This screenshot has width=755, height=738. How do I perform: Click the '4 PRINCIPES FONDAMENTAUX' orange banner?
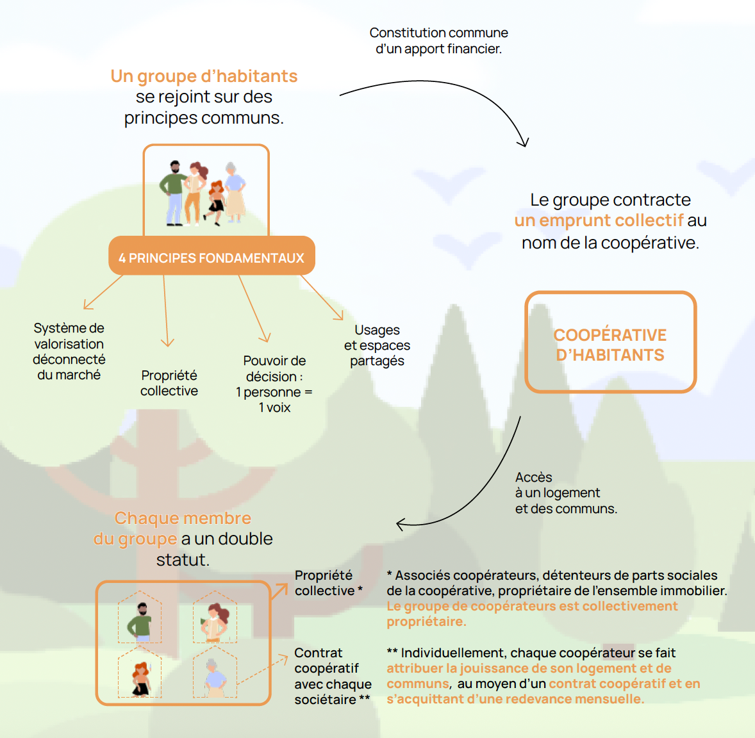pyautogui.click(x=212, y=258)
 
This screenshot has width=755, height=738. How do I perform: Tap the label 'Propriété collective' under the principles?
pyautogui.click(x=169, y=383)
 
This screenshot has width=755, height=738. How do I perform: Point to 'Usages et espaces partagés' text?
pyautogui.click(x=377, y=345)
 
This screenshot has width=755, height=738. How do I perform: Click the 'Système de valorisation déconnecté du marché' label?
pyautogui.click(x=69, y=351)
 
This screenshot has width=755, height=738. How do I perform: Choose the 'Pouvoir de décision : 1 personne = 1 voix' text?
pyautogui.click(x=274, y=384)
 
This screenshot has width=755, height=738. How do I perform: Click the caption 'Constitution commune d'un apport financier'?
pyautogui.click(x=438, y=40)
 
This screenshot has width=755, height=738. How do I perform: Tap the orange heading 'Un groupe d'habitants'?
pyautogui.click(x=204, y=76)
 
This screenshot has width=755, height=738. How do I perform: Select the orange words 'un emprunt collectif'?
pyautogui.click(x=599, y=220)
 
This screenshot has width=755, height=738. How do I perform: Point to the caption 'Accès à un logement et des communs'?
pyautogui.click(x=565, y=493)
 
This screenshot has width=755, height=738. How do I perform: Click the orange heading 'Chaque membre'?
pyautogui.click(x=183, y=518)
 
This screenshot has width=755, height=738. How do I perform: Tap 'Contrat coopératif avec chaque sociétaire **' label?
pyautogui.click(x=332, y=676)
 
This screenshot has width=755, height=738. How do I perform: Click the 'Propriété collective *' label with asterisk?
pyautogui.click(x=328, y=583)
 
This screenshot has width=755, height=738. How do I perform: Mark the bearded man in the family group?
pyautogui.click(x=174, y=192)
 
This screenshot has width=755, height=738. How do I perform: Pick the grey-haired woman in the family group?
pyautogui.click(x=235, y=190)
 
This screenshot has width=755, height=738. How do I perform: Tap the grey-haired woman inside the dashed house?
pyautogui.click(x=214, y=677)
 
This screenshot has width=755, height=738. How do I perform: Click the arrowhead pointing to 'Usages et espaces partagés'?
pyautogui.click(x=339, y=315)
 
